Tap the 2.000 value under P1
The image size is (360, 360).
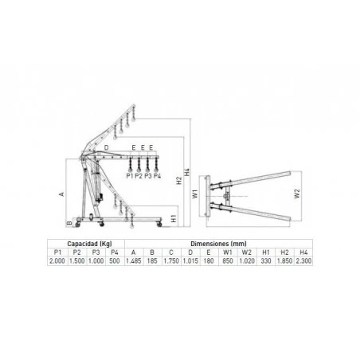click(58, 260)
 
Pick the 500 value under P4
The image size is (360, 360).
click(115, 260)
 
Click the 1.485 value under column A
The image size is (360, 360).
click(134, 260)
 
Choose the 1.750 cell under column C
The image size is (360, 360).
click(170, 260)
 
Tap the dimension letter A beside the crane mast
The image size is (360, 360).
click(61, 193)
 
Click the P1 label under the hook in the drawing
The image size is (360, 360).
click(129, 175)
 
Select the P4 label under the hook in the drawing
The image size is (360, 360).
click(157, 175)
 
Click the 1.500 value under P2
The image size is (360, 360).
click(77, 260)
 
